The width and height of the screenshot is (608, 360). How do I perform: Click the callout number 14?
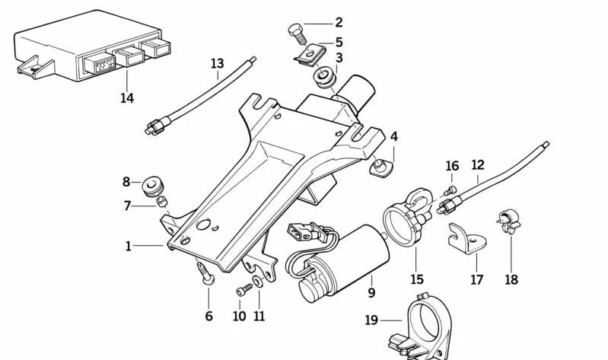click(x=126, y=98)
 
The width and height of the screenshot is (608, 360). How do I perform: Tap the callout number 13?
click(x=218, y=64)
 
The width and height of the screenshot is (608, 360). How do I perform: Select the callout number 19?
click(x=371, y=320)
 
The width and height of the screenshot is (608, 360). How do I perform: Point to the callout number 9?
click(x=372, y=292)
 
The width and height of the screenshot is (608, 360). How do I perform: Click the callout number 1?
click(x=129, y=246)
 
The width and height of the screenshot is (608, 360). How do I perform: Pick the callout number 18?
click(x=511, y=279)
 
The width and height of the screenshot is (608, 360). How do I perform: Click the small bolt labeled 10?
click(x=243, y=290)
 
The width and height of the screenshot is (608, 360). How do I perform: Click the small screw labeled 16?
click(x=450, y=190)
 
